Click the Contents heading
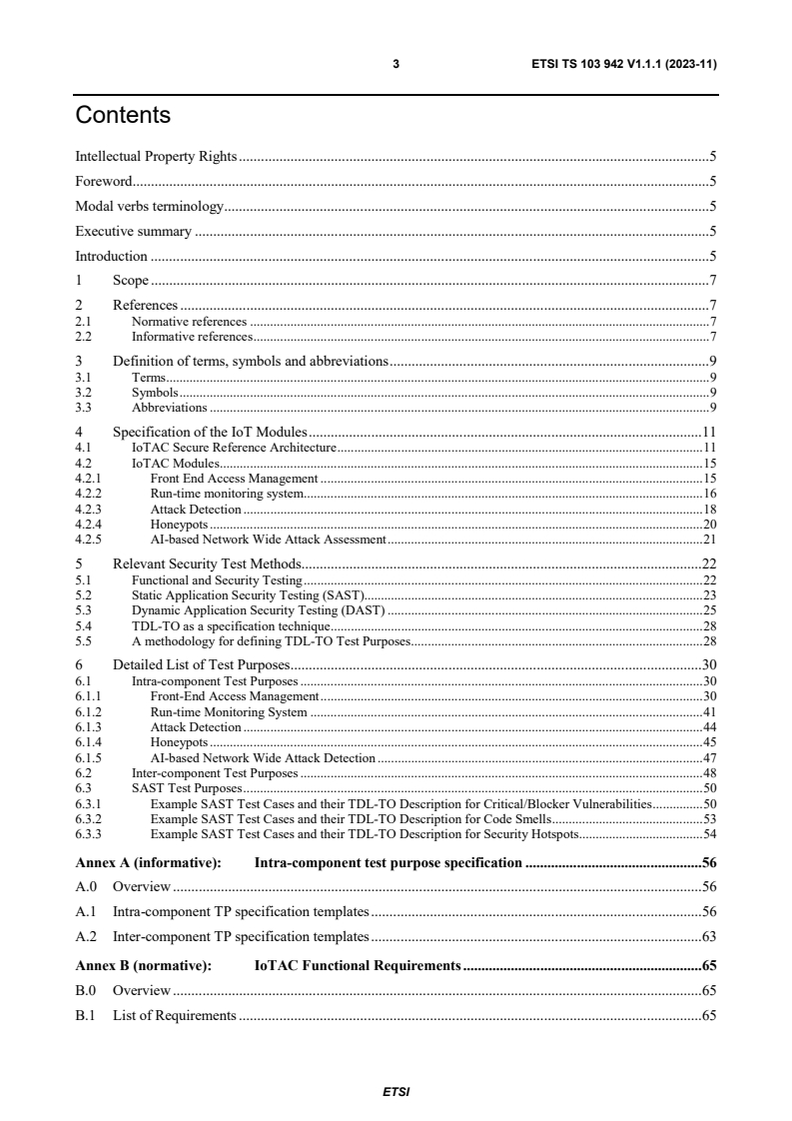click(123, 116)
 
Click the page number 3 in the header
click(396, 65)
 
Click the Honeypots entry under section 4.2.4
click(180, 525)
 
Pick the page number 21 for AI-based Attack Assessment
click(710, 540)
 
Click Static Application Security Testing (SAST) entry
click(250, 594)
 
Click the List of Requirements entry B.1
click(175, 1016)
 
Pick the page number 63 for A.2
click(710, 937)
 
